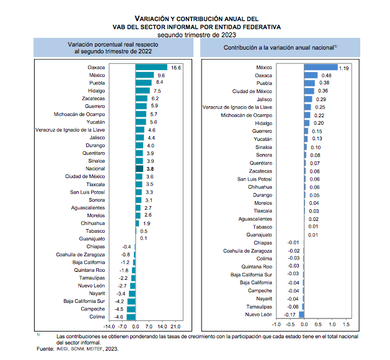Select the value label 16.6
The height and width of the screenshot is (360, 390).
click(x=176, y=67)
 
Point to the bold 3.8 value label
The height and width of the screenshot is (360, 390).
click(x=149, y=168)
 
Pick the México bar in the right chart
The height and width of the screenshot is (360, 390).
click(x=320, y=67)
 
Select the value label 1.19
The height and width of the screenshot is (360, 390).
click(x=345, y=67)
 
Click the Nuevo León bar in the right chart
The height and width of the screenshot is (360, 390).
click(x=302, y=315)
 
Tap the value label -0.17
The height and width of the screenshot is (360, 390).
click(x=290, y=315)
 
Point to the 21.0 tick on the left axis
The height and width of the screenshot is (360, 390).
click(x=175, y=325)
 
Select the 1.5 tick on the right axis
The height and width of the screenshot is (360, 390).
click(x=345, y=324)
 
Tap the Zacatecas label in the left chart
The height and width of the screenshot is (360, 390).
click(x=92, y=99)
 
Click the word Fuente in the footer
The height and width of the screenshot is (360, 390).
click(x=45, y=349)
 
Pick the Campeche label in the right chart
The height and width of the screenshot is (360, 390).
click(x=260, y=290)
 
